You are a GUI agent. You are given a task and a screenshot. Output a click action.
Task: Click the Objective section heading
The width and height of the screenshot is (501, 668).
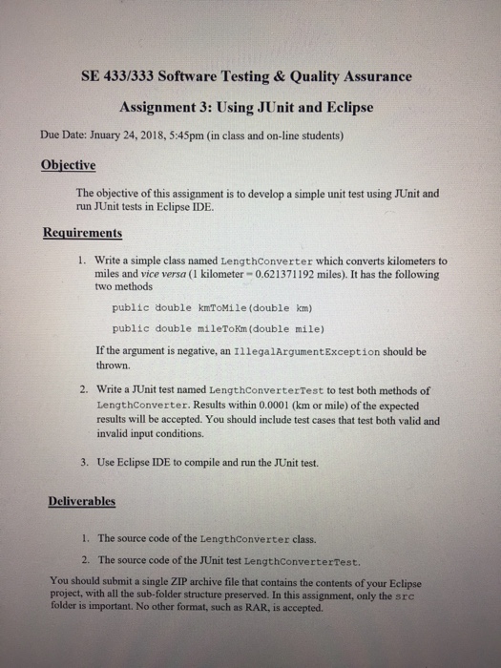click(69, 164)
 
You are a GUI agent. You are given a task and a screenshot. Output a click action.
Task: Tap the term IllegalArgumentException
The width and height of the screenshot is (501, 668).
click(293, 350)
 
